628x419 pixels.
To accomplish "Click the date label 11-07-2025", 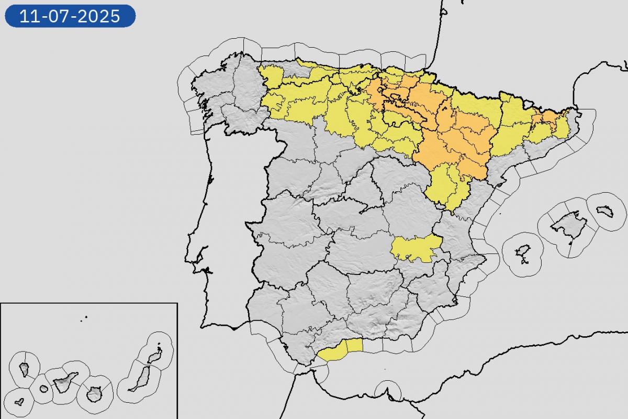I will click(70, 16).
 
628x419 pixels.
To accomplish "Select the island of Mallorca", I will click(567, 224).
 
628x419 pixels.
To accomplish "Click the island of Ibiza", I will click(522, 252).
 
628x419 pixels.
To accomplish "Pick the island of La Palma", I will click(25, 369).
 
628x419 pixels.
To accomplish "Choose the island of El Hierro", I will click(19, 402).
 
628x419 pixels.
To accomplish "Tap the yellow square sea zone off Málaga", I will click(354, 345).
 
